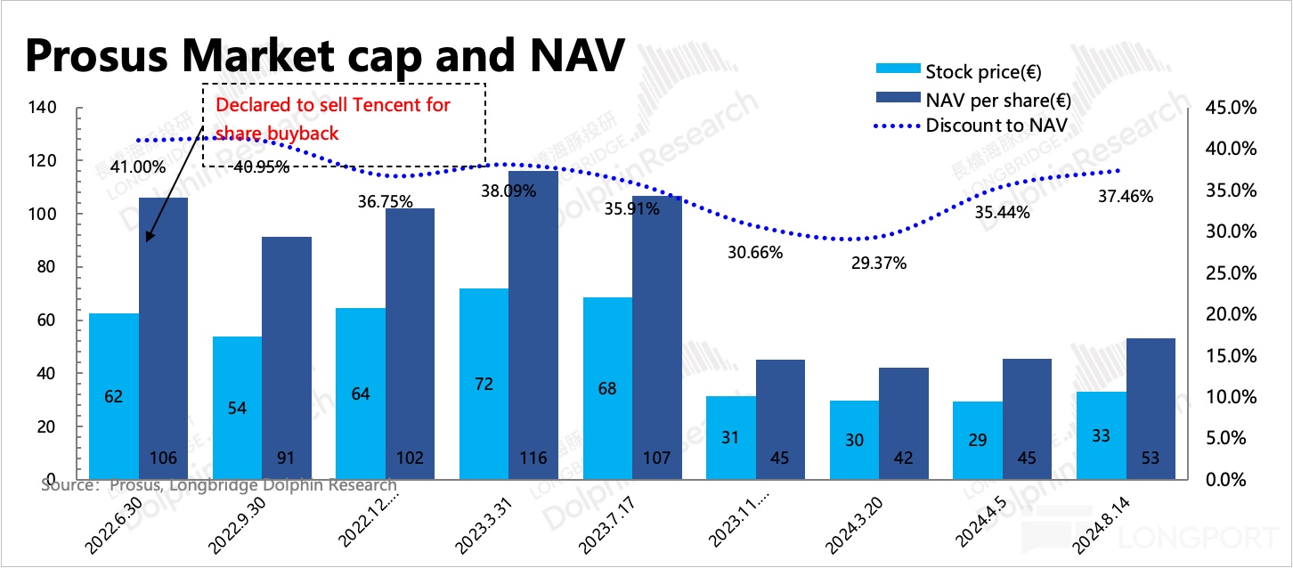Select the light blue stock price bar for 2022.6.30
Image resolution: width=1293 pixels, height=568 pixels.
(x=114, y=396)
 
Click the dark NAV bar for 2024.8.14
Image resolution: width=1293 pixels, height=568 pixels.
(x=1151, y=409)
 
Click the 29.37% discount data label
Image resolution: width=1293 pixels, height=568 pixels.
(x=878, y=263)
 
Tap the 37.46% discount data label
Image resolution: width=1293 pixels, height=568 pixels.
(x=1125, y=197)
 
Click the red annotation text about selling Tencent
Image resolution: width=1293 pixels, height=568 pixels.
(x=333, y=118)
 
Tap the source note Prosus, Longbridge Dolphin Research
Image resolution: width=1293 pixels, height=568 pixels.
(x=219, y=485)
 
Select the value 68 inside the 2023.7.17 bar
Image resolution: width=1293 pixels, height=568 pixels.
(x=606, y=388)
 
